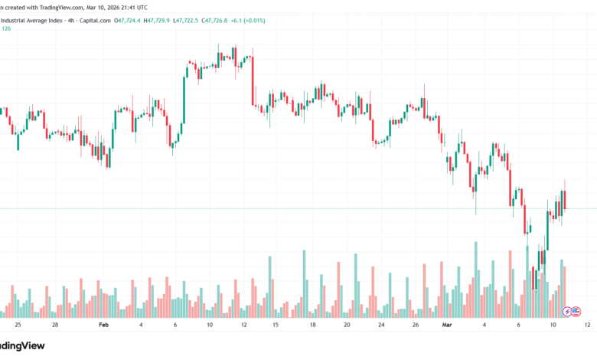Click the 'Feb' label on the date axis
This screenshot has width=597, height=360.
point(104,325)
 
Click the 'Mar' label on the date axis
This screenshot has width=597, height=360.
point(448,325)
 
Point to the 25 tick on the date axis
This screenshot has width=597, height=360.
point(17,325)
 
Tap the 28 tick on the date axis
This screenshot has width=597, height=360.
point(55,325)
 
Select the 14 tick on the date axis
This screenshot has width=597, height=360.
point(278,325)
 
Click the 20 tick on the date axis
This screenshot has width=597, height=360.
point(347,325)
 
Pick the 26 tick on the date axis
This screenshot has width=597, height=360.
point(414,325)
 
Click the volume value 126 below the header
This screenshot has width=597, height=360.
point(6,29)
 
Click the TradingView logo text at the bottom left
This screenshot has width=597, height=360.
point(23,347)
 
